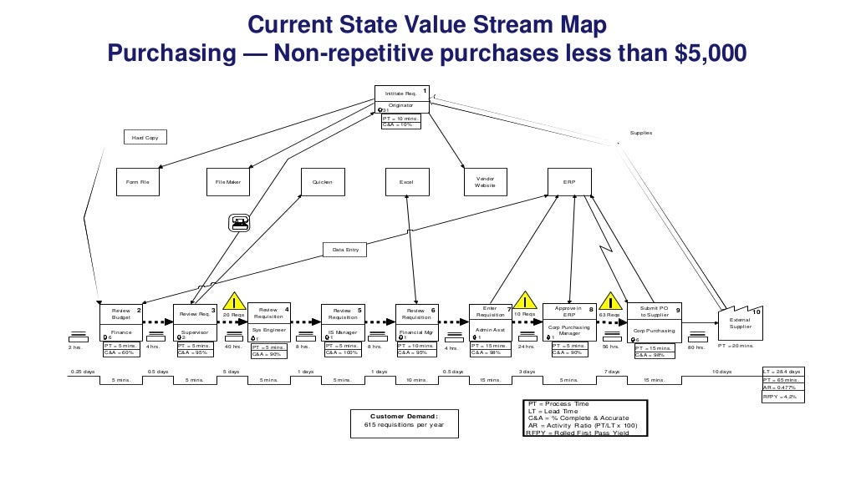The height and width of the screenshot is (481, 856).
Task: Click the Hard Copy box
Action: [x=145, y=137]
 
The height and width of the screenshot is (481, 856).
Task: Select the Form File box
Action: [x=137, y=182]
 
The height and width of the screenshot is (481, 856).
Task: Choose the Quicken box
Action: [x=323, y=182]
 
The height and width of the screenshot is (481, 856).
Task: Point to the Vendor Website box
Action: [x=486, y=182]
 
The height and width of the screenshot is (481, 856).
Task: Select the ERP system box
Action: [x=569, y=182]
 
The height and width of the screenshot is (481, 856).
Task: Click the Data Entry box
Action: [x=344, y=250]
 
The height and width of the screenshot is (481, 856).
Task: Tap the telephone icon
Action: [x=239, y=222]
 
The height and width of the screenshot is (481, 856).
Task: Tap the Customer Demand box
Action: [x=404, y=420]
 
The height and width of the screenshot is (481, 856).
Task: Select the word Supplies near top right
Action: [x=641, y=134]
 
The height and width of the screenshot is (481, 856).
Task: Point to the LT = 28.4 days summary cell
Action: [x=782, y=371]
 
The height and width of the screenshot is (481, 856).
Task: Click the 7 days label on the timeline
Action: [x=612, y=371]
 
